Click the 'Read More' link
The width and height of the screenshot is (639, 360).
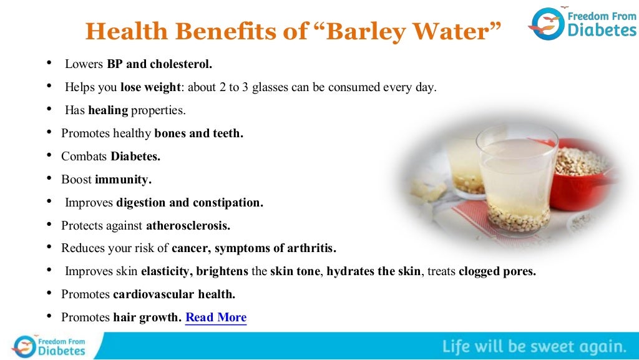point(216,317)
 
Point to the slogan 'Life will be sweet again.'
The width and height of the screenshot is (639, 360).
point(535,346)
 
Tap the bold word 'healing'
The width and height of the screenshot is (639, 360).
point(108,110)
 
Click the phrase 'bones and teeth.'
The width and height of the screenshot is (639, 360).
point(198,134)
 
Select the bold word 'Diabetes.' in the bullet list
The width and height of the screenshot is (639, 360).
point(135,157)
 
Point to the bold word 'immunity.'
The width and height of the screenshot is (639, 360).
point(123,180)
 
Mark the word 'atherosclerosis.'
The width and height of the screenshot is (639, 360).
point(188,225)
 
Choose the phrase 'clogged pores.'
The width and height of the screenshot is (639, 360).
point(497,271)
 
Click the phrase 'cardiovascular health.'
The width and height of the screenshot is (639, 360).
point(174,294)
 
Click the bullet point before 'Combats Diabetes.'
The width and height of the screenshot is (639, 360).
point(49,157)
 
